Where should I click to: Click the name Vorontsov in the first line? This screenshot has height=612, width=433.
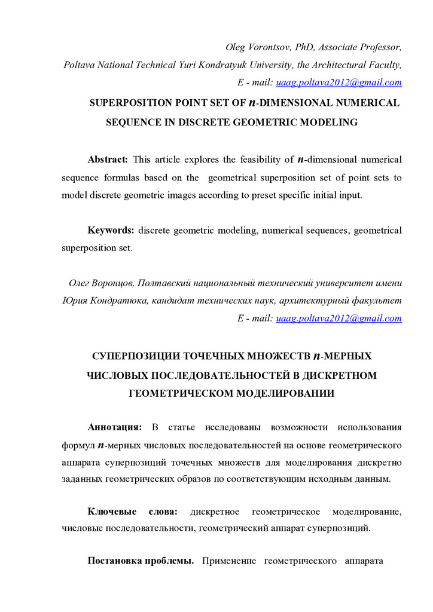tap(267, 47)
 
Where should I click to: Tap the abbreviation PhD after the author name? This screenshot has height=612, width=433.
tap(306, 47)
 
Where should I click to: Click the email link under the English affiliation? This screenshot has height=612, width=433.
tap(339, 82)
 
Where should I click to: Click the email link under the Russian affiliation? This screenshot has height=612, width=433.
tap(339, 318)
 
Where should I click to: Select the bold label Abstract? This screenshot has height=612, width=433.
tap(108, 160)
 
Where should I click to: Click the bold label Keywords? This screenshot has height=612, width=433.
tap(111, 230)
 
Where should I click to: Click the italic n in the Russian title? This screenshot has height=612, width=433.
tap(317, 357)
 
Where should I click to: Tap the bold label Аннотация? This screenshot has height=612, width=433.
tap(114, 427)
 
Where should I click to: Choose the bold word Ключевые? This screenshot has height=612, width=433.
tap(110, 512)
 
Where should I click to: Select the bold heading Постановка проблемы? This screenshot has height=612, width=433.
tap(140, 561)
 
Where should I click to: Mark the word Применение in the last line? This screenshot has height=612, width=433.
tap(229, 561)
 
